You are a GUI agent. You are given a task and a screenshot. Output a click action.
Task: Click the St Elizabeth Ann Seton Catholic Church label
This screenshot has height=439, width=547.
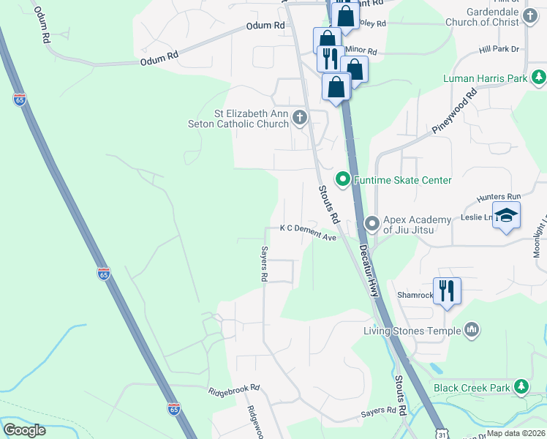pos(251,119)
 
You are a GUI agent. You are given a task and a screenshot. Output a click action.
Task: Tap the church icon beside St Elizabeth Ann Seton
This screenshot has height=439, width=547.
pos(299,117)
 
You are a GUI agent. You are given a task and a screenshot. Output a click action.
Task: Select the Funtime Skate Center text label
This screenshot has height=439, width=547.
pos(402,180)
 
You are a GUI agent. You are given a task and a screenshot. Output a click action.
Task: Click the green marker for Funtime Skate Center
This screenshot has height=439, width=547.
pos(342,179)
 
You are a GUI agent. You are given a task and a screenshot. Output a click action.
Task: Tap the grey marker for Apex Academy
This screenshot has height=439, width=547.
pos(371,222)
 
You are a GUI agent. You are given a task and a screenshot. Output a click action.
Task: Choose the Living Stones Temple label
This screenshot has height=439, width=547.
pos(412,331)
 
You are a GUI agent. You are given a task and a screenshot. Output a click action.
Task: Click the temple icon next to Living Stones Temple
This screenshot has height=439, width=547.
pos(472,330)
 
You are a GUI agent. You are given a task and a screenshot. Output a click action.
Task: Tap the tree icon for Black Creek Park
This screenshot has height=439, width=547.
pos(520,386)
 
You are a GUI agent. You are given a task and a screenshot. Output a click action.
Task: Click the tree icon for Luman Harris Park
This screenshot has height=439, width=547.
pos(538,77)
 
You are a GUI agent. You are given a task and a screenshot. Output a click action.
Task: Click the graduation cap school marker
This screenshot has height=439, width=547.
pos(505,216)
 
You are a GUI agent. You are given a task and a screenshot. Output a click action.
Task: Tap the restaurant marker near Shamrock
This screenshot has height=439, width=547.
pos(447,290)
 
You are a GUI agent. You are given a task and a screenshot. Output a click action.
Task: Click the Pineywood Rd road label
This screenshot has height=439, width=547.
pos(464,109)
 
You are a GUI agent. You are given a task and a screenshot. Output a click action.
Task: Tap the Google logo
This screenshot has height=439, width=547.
pos(24,430)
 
